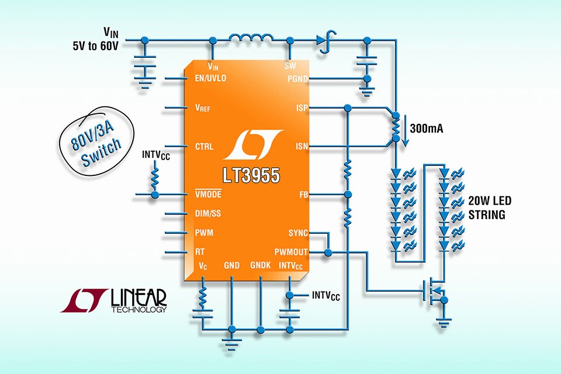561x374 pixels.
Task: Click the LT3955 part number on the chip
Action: [x=251, y=175]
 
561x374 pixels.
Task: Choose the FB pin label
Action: [x=303, y=194]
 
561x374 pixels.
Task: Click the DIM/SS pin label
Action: [x=208, y=214]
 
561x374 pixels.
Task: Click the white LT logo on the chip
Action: [x=251, y=147]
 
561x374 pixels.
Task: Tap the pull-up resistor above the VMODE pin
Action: [x=155, y=176]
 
